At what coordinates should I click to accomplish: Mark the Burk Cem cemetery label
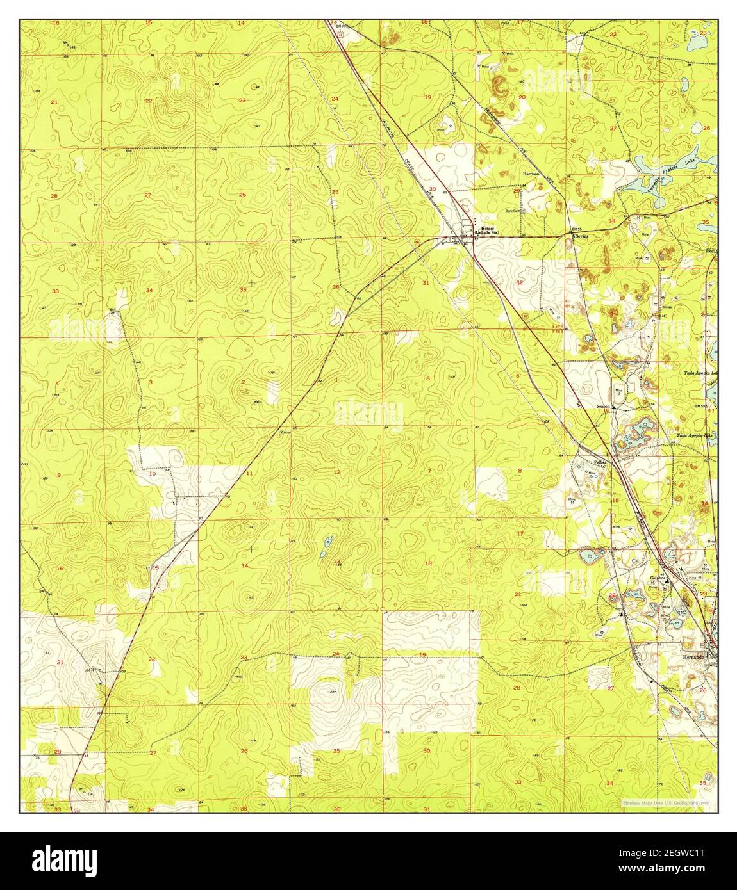click(512, 210)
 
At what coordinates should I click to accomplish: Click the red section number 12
click(336, 472)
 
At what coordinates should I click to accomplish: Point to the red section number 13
click(336, 562)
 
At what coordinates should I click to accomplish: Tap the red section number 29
click(517, 190)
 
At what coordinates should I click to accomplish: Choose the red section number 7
click(429, 472)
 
